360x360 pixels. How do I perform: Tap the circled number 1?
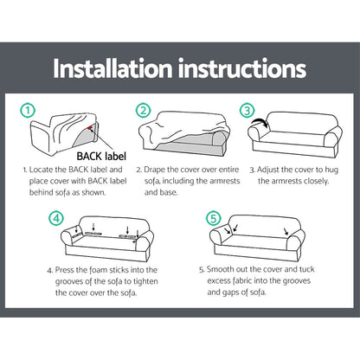tap(28, 110)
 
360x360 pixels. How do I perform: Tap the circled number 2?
tap(142, 110)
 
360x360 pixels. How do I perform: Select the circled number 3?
tap(248, 110)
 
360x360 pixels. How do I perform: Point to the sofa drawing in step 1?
tap(65, 130)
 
